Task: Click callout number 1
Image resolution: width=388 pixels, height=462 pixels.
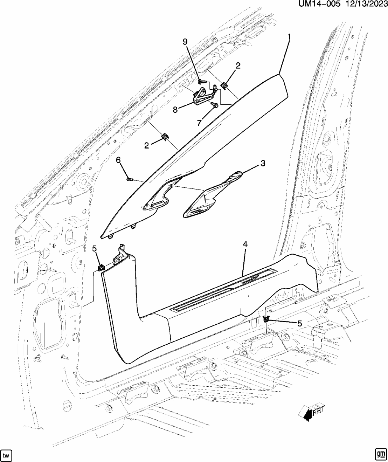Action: [x=289, y=36]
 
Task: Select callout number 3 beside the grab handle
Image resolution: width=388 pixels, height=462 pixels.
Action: [x=262, y=164]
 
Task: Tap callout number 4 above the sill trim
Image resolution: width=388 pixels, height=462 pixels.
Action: [x=245, y=244]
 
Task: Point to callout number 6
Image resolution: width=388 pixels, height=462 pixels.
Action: [x=118, y=160]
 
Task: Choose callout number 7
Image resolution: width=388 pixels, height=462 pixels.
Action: [x=199, y=123]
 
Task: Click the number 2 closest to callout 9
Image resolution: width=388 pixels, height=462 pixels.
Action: [x=238, y=65]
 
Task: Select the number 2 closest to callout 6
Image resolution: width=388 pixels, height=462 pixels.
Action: [x=147, y=145]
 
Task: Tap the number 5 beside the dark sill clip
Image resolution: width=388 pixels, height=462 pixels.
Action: [x=299, y=323]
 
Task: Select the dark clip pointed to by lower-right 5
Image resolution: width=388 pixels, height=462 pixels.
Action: [x=266, y=319]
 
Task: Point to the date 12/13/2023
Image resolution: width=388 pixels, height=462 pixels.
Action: [x=365, y=5]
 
